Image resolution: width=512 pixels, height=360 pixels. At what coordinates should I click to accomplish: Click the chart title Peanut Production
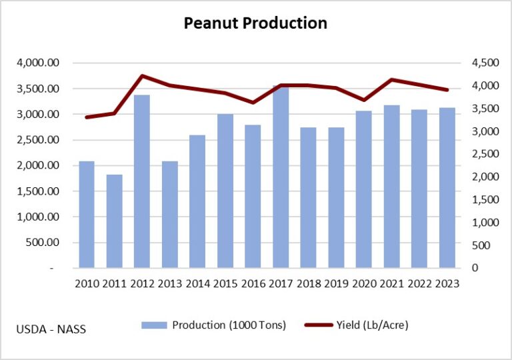256,24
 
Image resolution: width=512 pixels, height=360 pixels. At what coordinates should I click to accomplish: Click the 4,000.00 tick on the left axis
39,63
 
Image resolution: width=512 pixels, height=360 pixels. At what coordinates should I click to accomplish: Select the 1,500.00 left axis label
39,191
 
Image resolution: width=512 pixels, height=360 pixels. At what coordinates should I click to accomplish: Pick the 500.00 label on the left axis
44,243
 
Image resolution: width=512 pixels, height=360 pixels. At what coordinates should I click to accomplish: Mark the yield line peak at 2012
142,76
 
